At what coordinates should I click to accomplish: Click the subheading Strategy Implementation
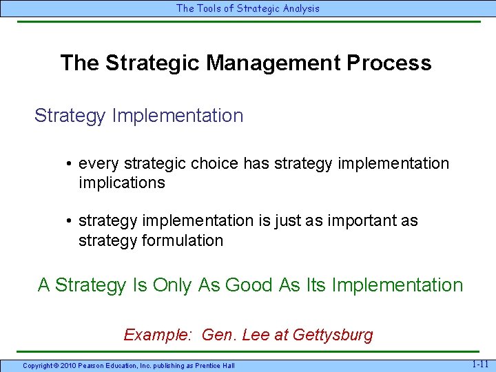[x=138, y=116]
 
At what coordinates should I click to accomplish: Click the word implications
[x=122, y=183]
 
